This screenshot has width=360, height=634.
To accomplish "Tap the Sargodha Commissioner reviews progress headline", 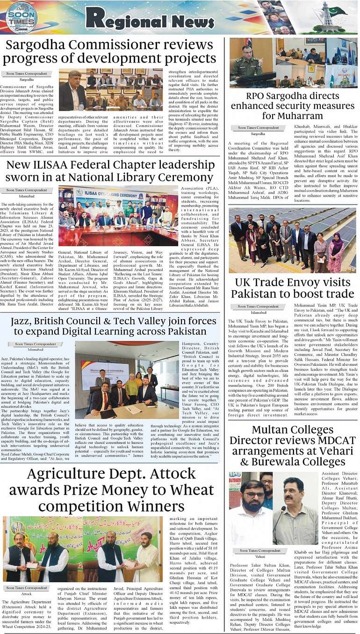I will point(108,52).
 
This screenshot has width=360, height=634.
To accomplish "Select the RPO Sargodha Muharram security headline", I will point(292,106).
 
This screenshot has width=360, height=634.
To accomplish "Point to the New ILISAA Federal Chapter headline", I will point(110,171).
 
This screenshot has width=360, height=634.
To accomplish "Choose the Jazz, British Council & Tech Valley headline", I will point(110,325).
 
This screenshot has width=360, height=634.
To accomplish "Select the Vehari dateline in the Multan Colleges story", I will point(260,557).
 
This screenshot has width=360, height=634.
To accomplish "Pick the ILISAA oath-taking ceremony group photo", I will point(119,216).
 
